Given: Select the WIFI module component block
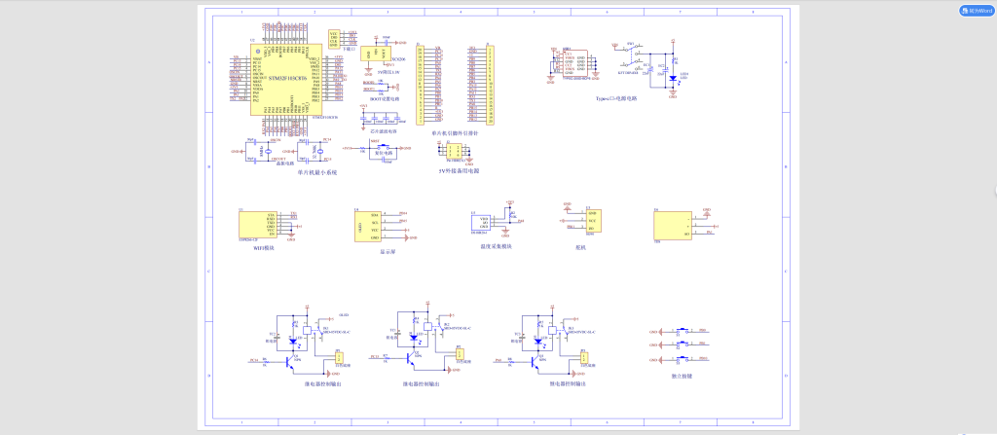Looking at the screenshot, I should [258, 224].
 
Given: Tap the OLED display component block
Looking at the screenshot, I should [369, 226].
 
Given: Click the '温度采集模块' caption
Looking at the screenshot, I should [496, 246].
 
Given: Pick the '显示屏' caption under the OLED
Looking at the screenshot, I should [373, 250].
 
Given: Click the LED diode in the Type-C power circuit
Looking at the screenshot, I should [672, 77].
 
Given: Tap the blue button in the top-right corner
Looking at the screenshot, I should [975, 11].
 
